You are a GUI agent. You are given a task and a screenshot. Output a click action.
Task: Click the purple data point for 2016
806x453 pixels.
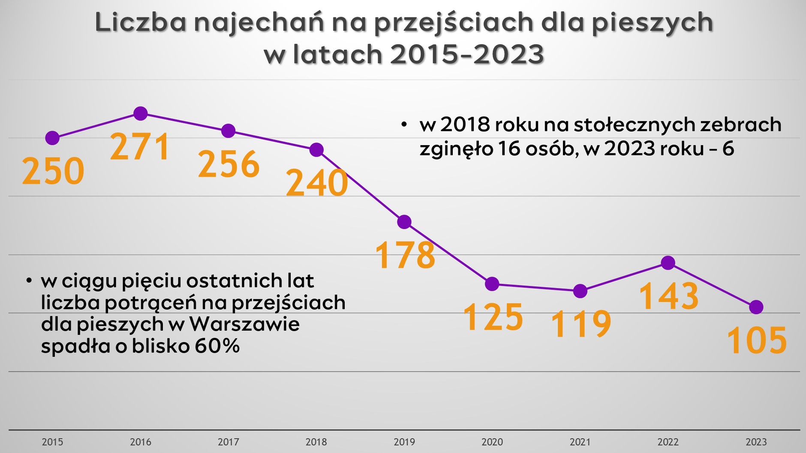(141, 113)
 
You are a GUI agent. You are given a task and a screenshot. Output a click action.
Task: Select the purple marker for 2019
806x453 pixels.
(404, 222)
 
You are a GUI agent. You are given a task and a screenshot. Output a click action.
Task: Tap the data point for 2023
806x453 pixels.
(756, 307)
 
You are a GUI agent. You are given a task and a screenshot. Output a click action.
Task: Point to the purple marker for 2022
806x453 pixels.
(668, 262)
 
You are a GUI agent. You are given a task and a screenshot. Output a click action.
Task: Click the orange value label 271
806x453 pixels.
(141, 147)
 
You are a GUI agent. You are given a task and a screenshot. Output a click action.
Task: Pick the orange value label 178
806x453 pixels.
(405, 255)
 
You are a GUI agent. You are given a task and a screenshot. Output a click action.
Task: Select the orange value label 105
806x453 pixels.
(757, 341)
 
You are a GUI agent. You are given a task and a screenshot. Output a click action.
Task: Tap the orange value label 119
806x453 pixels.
(581, 324)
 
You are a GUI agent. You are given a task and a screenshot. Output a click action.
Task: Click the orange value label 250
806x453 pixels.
(53, 171)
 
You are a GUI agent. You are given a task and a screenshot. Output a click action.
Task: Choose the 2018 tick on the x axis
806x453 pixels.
(316, 442)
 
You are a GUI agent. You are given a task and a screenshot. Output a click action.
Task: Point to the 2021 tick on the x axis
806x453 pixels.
(580, 442)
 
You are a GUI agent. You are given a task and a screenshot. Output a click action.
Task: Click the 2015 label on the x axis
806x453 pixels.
(52, 442)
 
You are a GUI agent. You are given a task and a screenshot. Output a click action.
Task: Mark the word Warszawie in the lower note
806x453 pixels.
(244, 324)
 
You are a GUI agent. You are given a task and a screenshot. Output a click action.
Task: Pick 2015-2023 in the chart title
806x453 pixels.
(467, 54)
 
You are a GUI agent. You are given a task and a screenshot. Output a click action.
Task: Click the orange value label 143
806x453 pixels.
(669, 296)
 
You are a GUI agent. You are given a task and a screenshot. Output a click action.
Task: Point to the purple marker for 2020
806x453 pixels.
(492, 284)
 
